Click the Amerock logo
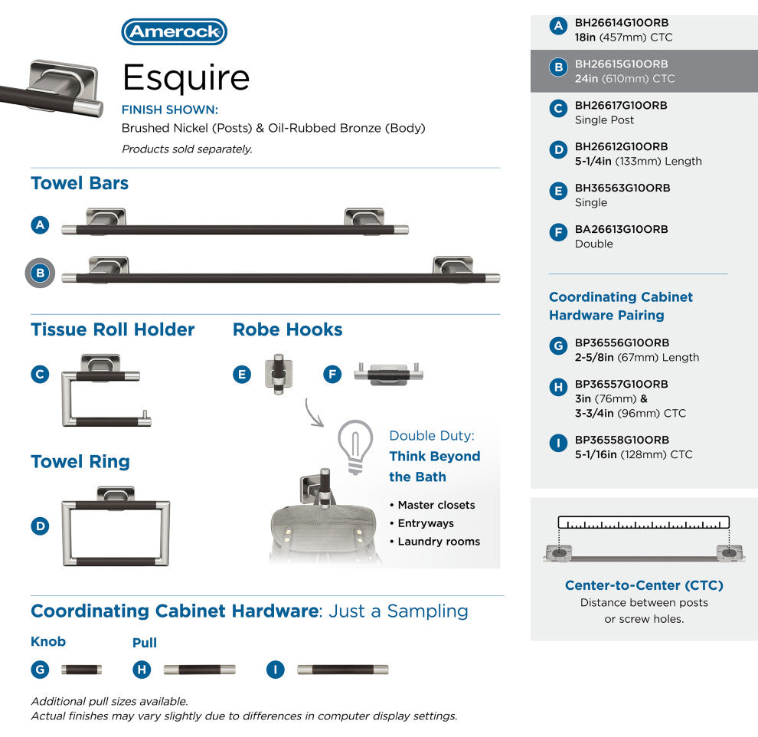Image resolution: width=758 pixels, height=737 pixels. coord(174,32)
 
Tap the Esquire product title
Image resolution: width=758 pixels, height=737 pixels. coord(186,77)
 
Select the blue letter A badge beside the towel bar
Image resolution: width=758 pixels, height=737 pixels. coord(40,225)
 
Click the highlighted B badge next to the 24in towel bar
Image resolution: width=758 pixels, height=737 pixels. coord(40,273)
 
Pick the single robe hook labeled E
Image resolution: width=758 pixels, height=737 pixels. coord(278,374)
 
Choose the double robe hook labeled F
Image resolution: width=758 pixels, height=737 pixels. coord(389,374)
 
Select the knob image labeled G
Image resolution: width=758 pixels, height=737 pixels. coord(81,670)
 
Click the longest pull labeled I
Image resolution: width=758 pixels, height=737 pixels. coord(343,670)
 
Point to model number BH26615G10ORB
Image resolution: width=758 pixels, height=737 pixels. coord(621,64)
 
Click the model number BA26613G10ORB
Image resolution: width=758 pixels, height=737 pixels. coord(621,229)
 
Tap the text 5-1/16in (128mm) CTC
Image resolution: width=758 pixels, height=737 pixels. coord(634,454)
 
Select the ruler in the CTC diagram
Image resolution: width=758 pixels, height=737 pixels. coord(643,522)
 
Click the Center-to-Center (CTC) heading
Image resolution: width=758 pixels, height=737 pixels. coord(644,585)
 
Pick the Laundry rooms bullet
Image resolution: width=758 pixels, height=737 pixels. coord(435,542)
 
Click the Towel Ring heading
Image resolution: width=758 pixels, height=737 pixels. coord(80,462)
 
